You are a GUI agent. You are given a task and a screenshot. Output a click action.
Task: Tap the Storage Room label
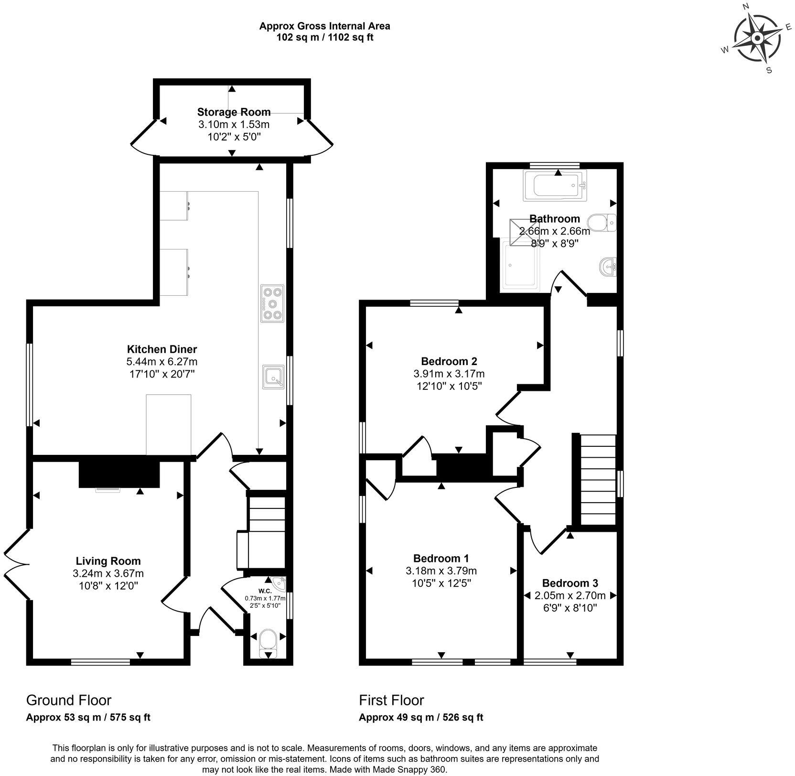(234, 112)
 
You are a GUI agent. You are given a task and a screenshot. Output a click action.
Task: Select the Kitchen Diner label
(161, 349)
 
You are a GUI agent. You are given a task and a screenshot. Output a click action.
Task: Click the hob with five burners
(272, 303)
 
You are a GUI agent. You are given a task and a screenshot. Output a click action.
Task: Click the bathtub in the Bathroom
(554, 185)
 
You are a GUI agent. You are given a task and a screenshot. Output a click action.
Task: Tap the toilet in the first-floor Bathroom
(601, 222)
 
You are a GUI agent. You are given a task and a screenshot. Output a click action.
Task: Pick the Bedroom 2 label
(449, 361)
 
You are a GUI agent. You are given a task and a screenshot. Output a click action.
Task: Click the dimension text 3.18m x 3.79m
(441, 571)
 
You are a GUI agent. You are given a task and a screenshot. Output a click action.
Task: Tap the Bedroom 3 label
(569, 583)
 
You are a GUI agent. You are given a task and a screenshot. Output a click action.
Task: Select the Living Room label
(108, 560)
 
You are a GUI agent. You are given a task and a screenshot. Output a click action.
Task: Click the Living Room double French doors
(17, 565)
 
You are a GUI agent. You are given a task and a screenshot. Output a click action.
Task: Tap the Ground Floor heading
(68, 700)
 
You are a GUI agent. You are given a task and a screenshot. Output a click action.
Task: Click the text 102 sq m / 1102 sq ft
(324, 37)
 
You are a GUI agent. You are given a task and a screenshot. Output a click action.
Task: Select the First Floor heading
(391, 700)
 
